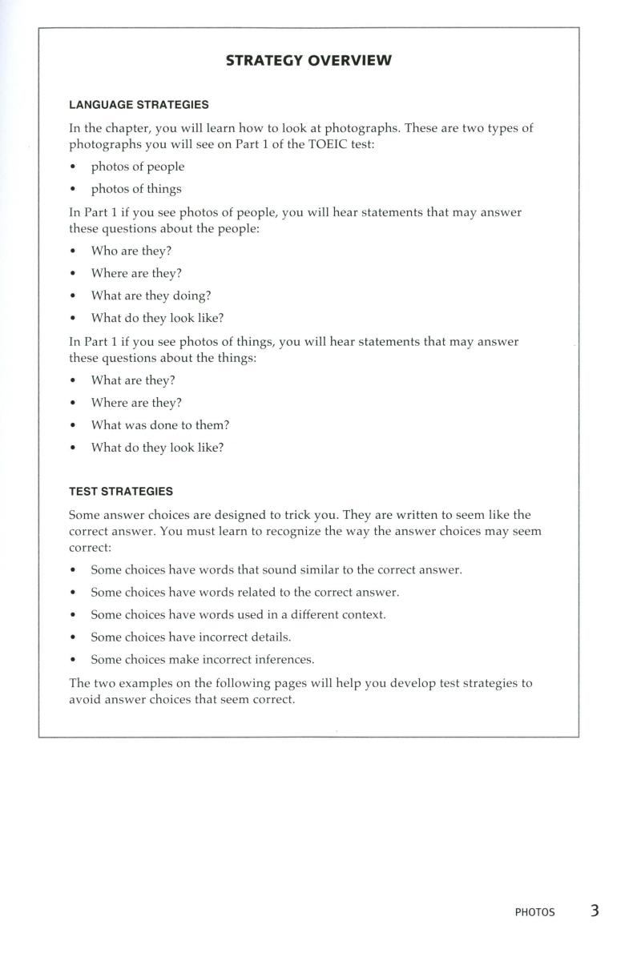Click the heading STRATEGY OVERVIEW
click(308, 61)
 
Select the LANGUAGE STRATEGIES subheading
click(139, 105)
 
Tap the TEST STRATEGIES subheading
click(121, 491)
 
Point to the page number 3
click(595, 911)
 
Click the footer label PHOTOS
click(534, 912)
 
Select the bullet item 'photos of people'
click(137, 167)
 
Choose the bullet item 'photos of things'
click(135, 189)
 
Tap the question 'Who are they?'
click(131, 251)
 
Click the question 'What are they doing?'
click(151, 296)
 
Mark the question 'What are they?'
click(132, 380)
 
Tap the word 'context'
click(362, 615)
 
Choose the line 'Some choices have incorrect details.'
click(191, 637)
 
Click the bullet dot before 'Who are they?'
click(74, 251)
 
